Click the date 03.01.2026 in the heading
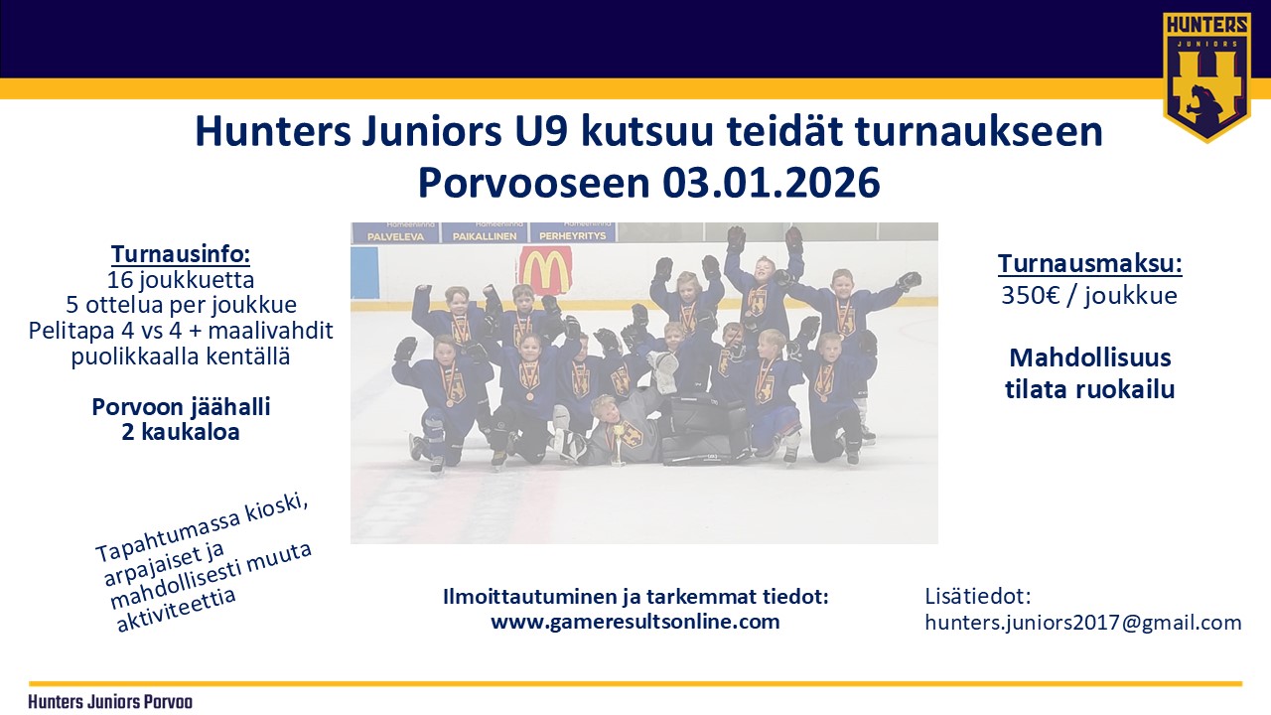coord(772,183)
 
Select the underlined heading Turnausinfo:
coord(181,253)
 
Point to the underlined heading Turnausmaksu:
coord(1089,263)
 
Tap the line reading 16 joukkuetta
coord(181,280)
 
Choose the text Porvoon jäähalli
coord(181,407)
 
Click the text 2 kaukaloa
coord(181,432)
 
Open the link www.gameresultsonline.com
coord(635,622)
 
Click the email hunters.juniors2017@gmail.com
coord(1083,623)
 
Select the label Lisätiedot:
coord(978,596)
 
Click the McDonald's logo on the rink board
coord(545,270)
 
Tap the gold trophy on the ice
coord(619,445)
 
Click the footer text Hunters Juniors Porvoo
coord(110,702)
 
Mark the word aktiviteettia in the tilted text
coord(176,611)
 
